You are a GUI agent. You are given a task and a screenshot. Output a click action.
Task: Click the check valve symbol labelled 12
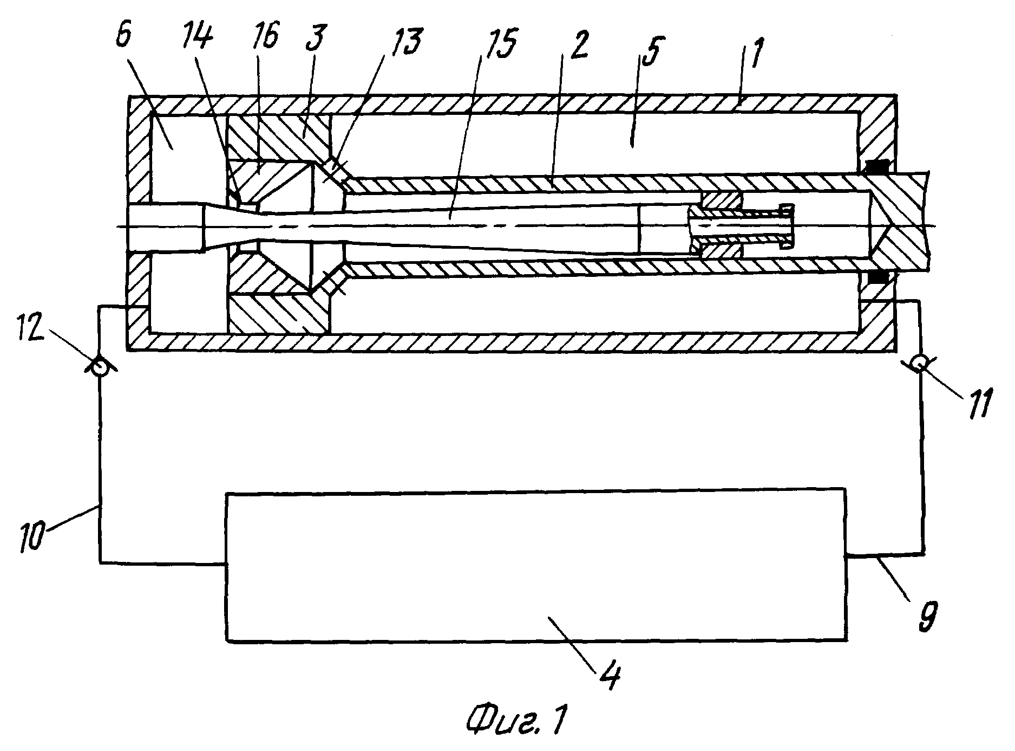pyautogui.click(x=100, y=367)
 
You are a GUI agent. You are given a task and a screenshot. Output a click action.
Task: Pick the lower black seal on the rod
pyautogui.click(x=878, y=278)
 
